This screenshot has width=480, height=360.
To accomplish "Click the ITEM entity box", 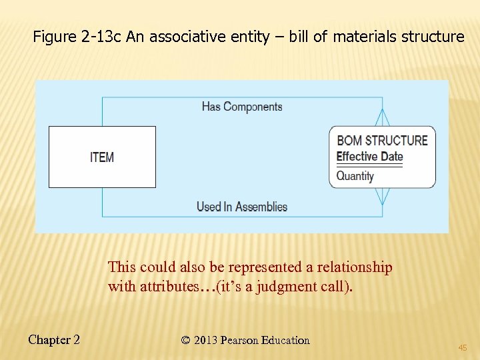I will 102,157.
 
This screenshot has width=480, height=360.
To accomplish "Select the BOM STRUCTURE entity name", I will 382,140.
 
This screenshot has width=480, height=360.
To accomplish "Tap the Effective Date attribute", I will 369,157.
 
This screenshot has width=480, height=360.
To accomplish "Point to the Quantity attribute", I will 355,176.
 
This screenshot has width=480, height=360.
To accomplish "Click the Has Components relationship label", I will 242,107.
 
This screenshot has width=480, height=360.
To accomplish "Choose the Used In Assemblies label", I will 241,207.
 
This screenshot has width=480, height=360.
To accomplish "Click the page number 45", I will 463,347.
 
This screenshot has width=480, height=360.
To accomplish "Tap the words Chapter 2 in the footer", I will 54,340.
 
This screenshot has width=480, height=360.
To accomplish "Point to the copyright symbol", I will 185,340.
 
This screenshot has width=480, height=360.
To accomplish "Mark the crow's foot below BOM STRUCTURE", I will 382,196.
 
